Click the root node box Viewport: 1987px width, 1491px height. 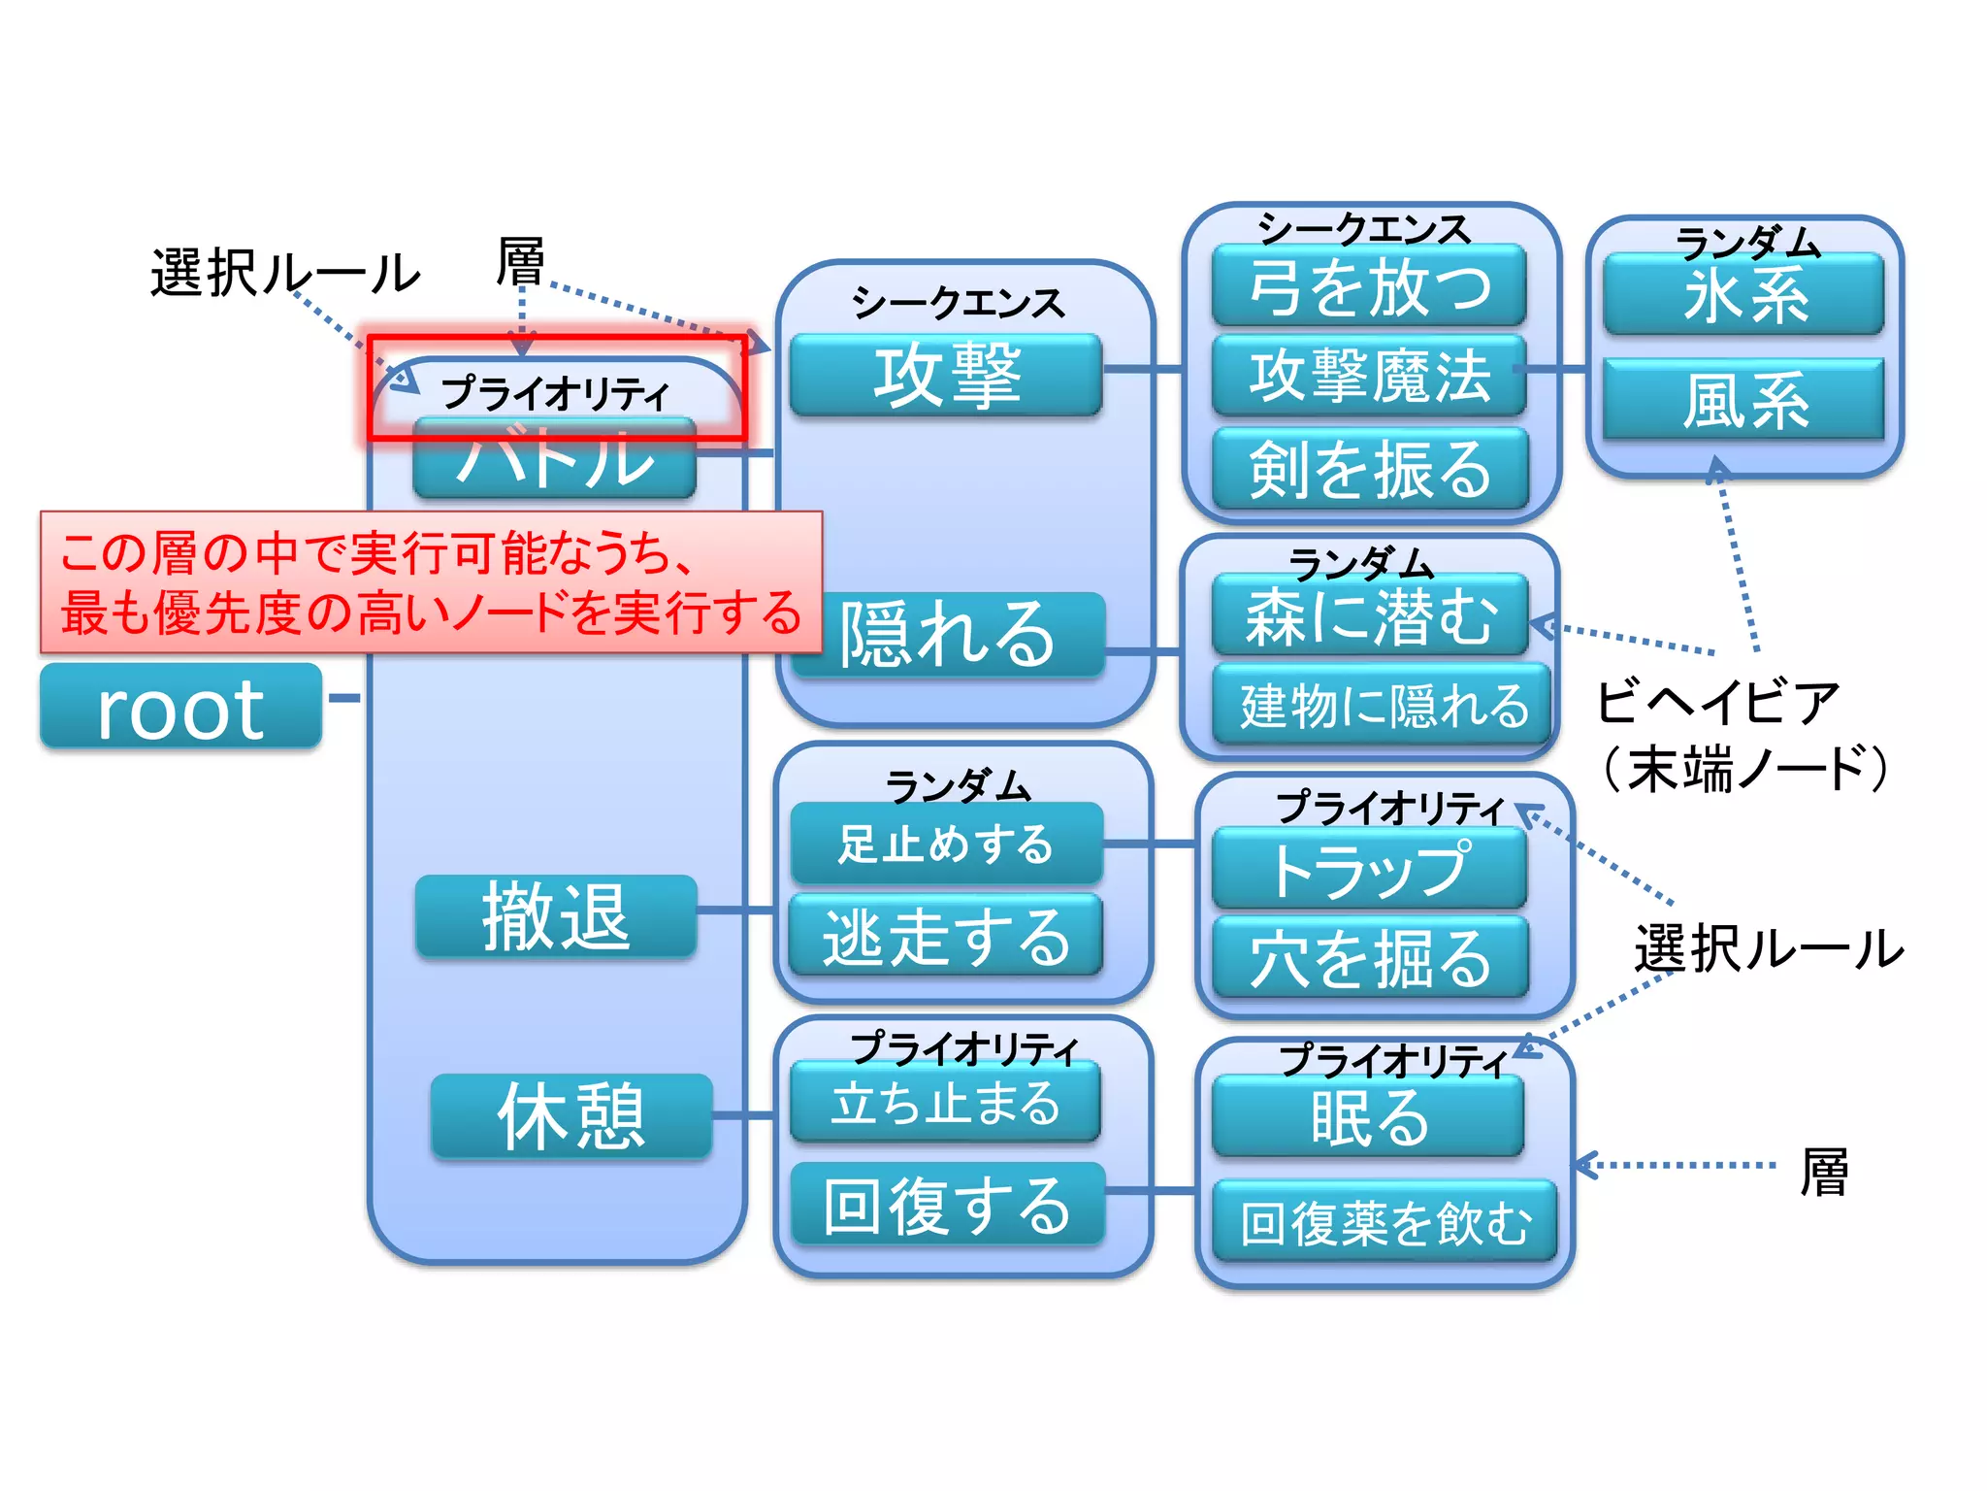coord(180,707)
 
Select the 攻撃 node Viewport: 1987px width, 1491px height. coord(946,376)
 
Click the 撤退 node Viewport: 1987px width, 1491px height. coord(556,916)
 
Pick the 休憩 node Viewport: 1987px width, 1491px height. coord(571,1116)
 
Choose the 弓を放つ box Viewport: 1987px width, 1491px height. coord(1369,285)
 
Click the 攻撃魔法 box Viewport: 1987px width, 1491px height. coord(1369,376)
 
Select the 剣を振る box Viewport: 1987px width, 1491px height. coord(1369,469)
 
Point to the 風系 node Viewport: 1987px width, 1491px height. coord(1743,400)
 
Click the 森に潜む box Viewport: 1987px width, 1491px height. coord(1369,615)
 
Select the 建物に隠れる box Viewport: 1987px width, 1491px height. coord(1383,705)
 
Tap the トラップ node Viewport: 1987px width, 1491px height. coord(1369,869)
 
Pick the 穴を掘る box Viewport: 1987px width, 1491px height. coord(1369,958)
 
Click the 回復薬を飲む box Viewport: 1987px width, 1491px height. coord(1384,1221)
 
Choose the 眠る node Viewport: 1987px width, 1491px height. coord(1369,1116)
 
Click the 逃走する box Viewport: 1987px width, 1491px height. coord(946,936)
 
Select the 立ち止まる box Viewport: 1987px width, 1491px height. coord(946,1103)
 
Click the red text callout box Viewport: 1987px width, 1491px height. coord(431,582)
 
